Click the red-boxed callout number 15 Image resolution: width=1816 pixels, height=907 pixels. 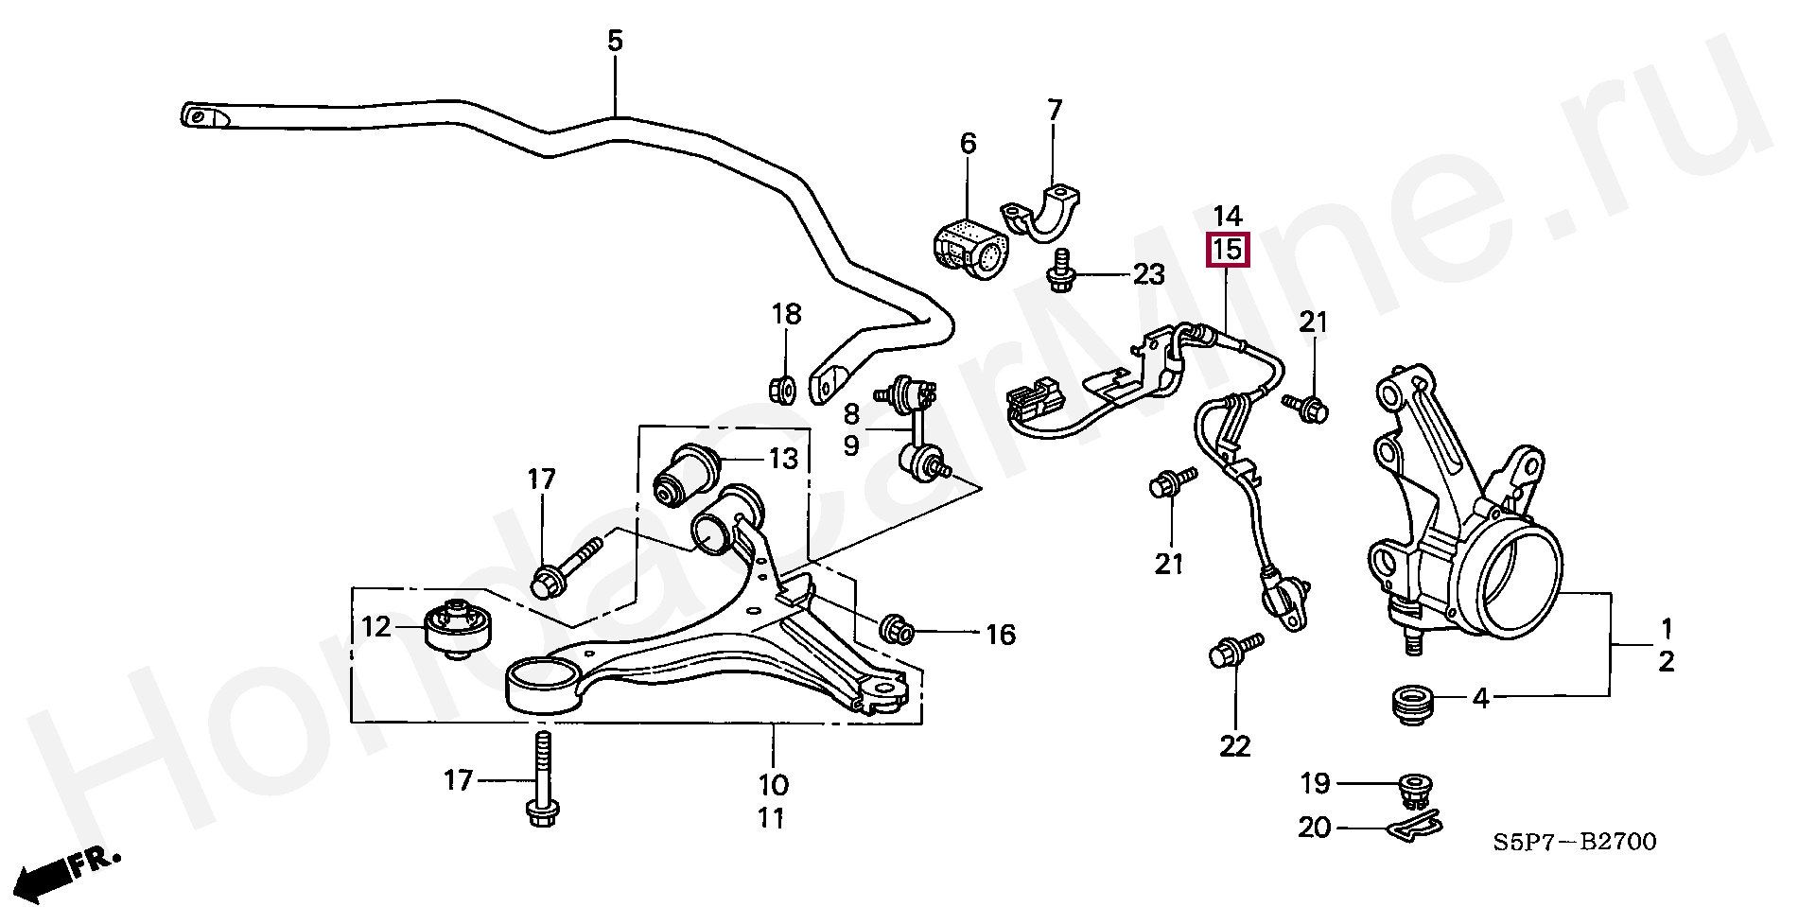click(1227, 250)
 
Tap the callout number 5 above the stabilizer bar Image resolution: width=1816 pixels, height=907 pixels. click(615, 41)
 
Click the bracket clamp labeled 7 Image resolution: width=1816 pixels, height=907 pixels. click(1040, 219)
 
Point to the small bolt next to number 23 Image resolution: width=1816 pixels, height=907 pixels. click(1060, 271)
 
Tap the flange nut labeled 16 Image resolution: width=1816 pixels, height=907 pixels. click(897, 629)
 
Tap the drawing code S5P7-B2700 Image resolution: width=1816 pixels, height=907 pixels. click(1575, 841)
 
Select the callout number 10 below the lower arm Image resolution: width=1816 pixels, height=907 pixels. click(773, 784)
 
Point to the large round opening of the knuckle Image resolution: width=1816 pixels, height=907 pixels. click(1518, 582)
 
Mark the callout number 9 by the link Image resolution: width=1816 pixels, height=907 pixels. click(851, 445)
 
